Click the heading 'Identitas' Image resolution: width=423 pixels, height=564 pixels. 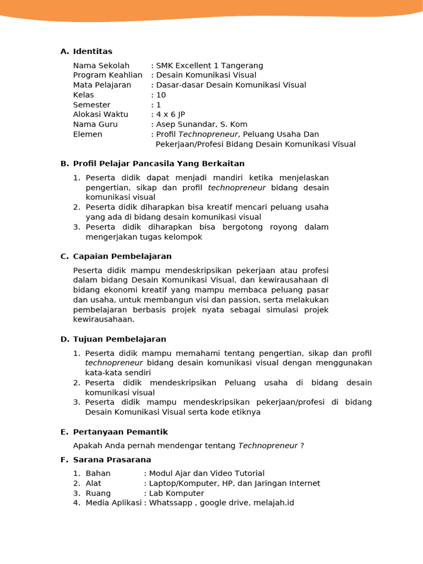(x=93, y=52)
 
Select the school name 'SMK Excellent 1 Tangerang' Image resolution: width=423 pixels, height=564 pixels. (x=210, y=66)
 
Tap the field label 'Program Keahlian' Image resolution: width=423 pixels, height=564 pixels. (x=107, y=75)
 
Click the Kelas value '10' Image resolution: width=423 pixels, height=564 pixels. (x=161, y=95)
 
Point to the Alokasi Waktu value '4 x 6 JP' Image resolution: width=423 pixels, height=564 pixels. (x=171, y=115)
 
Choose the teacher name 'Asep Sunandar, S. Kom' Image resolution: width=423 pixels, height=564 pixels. (x=202, y=124)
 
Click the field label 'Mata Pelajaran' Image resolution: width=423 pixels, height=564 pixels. (x=102, y=85)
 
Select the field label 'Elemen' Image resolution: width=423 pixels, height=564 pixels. (x=88, y=134)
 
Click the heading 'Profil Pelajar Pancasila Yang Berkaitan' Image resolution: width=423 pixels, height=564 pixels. (x=159, y=164)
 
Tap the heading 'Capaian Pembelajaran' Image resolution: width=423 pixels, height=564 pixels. (x=122, y=256)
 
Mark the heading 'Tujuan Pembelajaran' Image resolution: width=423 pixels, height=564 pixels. (x=120, y=339)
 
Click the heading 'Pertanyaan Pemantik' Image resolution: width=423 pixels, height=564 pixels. (x=121, y=432)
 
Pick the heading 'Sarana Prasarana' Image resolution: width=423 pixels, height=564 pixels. (x=112, y=459)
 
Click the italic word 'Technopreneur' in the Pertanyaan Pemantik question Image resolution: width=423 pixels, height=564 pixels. (x=268, y=446)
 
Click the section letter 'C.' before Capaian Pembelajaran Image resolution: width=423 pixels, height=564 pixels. (x=64, y=256)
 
